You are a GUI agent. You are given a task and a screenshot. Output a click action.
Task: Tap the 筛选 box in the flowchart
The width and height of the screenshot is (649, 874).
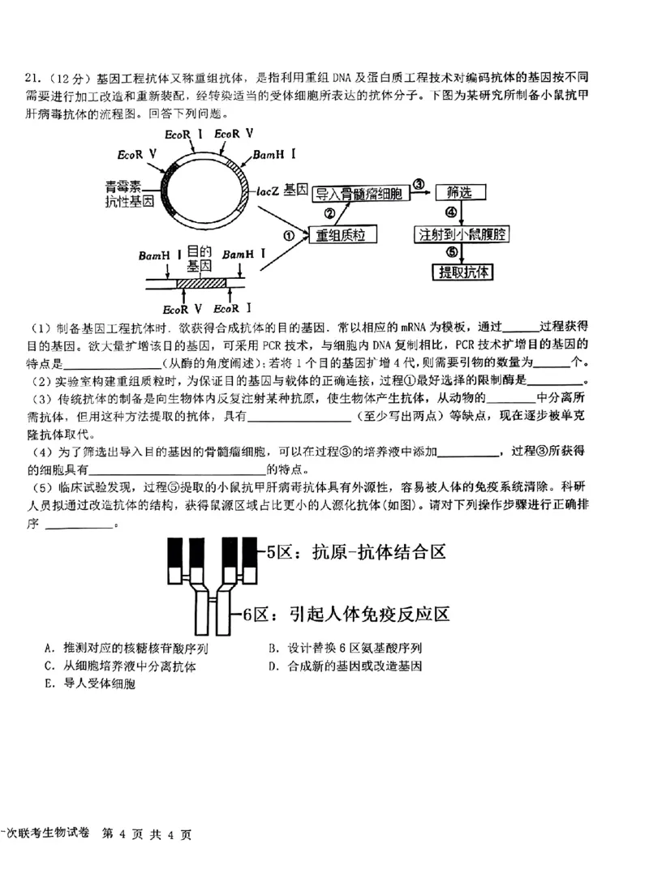pos(460,193)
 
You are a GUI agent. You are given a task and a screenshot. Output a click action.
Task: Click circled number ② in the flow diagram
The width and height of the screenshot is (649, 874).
pos(329,214)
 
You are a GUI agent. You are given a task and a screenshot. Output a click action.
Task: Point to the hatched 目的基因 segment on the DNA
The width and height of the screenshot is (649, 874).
pos(200,281)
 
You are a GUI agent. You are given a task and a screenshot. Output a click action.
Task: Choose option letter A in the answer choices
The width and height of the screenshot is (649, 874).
pos(51,649)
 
